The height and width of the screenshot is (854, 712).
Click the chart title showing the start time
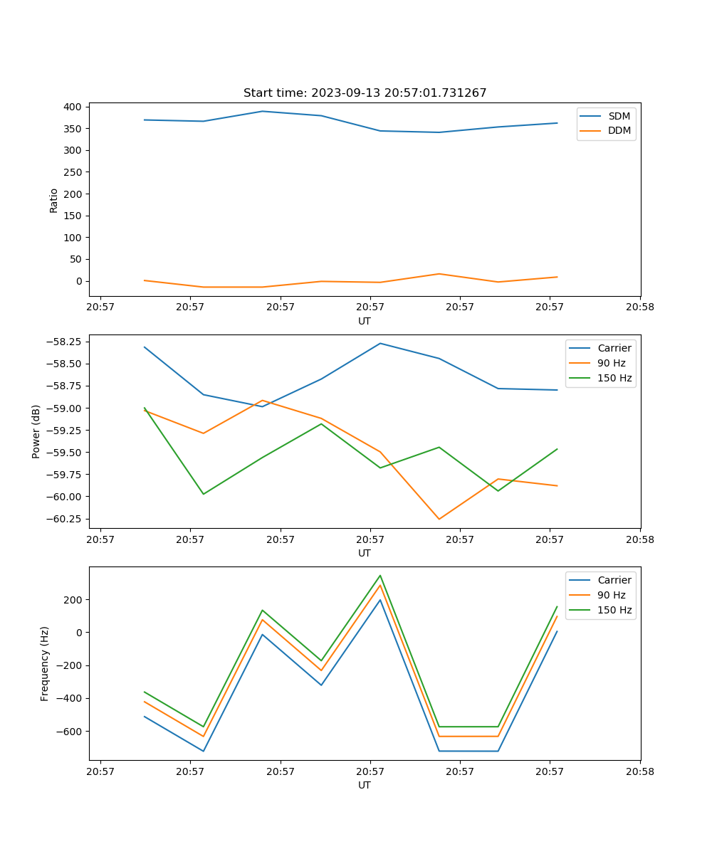[365, 93]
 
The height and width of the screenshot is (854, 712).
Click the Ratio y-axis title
[54, 201]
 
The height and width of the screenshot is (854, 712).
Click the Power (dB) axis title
[36, 431]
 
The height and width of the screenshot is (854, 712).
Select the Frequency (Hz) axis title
[45, 664]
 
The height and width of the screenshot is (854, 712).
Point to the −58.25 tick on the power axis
[65, 342]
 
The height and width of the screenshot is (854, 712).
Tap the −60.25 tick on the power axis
[65, 519]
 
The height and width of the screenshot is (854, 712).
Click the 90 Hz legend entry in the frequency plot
[611, 595]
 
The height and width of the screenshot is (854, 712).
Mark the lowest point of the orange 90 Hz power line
[439, 519]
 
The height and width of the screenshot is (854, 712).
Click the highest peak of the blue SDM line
[262, 111]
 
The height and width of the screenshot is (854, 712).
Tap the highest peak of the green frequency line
[380, 575]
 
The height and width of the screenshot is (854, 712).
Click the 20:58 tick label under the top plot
[639, 308]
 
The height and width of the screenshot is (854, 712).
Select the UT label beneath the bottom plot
[365, 785]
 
